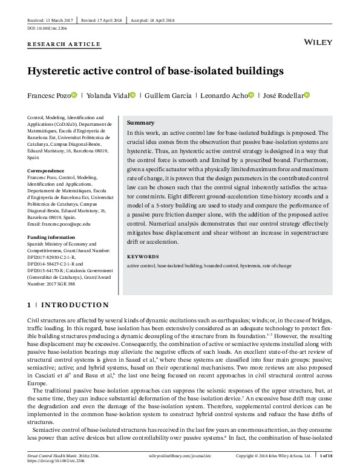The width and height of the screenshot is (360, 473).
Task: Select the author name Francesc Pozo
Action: pyautogui.click(x=48, y=96)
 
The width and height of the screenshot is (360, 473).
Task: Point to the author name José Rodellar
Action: pyautogui.click(x=281, y=96)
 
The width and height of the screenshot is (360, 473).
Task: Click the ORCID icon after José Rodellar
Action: pyautogui.click(x=306, y=95)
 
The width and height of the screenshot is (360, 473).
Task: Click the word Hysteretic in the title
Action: pyautogui.click(x=59, y=71)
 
